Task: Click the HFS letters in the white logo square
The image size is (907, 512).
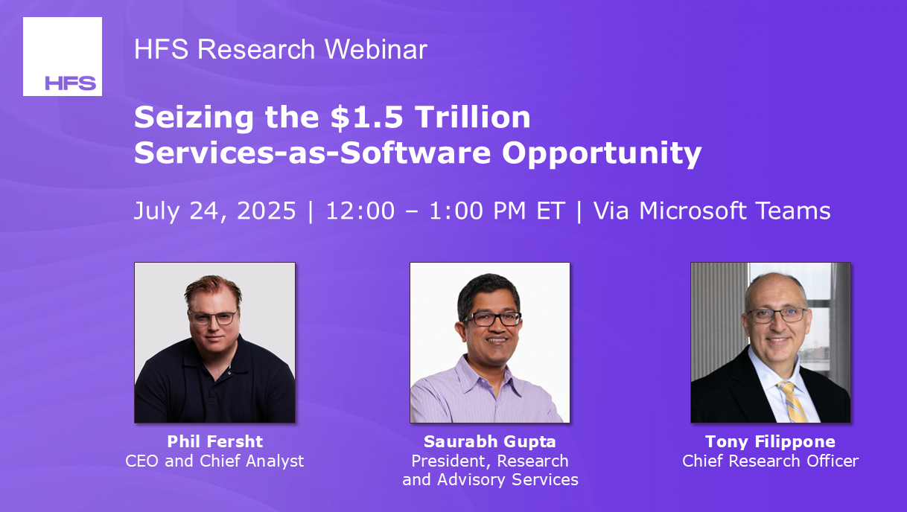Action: [71, 83]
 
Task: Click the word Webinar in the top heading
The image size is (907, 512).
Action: [376, 49]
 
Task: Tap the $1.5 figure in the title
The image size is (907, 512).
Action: [367, 118]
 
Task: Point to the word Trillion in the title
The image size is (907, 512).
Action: [473, 118]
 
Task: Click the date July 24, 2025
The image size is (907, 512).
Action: [215, 211]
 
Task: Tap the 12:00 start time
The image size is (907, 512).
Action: [360, 211]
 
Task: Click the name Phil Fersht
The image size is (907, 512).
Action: [215, 441]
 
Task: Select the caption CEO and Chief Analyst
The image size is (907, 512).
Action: [214, 461]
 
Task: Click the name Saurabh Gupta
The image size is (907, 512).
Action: [490, 441]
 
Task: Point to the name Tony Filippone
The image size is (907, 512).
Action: [770, 441]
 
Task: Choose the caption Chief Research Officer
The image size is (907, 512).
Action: [770, 461]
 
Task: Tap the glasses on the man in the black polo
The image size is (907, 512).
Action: [213, 318]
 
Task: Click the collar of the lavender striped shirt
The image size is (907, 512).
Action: [487, 379]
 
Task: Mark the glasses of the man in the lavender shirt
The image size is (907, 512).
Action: [492, 319]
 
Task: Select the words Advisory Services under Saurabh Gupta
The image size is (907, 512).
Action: [508, 480]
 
